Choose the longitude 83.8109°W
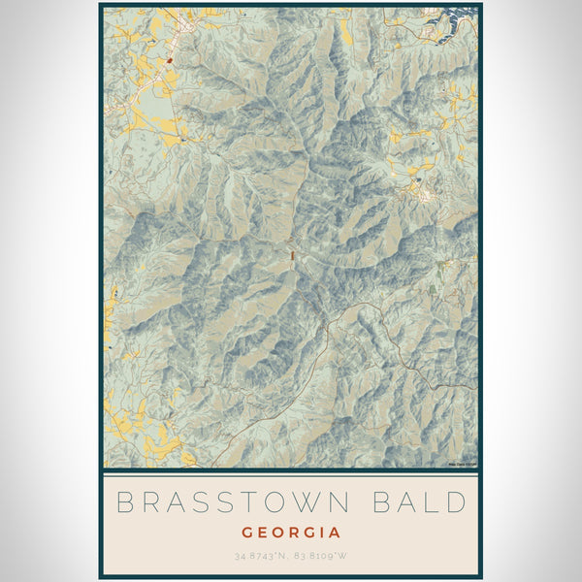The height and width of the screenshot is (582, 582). click(325, 557)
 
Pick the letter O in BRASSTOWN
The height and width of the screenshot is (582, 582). click(281, 503)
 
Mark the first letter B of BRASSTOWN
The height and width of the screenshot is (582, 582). click(123, 503)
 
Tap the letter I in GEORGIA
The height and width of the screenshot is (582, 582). click(325, 533)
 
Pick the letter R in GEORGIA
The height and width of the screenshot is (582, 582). click(295, 533)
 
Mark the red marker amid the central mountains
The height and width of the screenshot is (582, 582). click(290, 255)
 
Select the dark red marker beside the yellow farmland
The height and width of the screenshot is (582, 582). click(169, 59)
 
